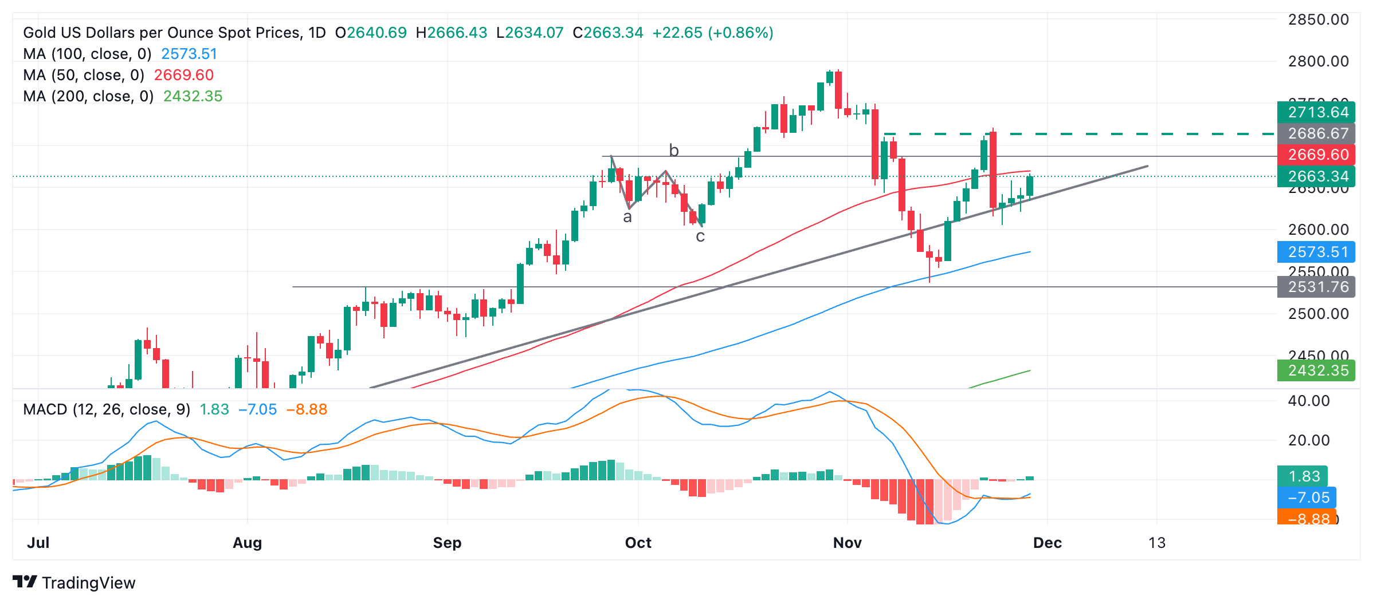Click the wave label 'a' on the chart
(x=627, y=218)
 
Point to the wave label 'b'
(x=674, y=151)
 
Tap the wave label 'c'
(x=700, y=236)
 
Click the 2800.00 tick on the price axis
(x=1318, y=61)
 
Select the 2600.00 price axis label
(x=1318, y=230)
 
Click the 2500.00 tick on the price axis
(x=1318, y=314)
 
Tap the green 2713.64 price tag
(x=1316, y=112)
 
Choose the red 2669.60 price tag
(x=1316, y=155)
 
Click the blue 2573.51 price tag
(x=1316, y=252)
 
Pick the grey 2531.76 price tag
(x=1316, y=287)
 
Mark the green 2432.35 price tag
(x=1316, y=370)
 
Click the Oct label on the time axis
(x=638, y=543)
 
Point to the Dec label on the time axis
(x=1047, y=543)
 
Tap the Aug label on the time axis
(x=247, y=543)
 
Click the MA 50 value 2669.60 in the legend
(x=183, y=75)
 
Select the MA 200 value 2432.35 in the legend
(x=193, y=96)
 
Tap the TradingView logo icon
(x=25, y=582)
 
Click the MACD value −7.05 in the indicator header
(x=257, y=409)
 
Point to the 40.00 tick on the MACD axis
(x=1309, y=401)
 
